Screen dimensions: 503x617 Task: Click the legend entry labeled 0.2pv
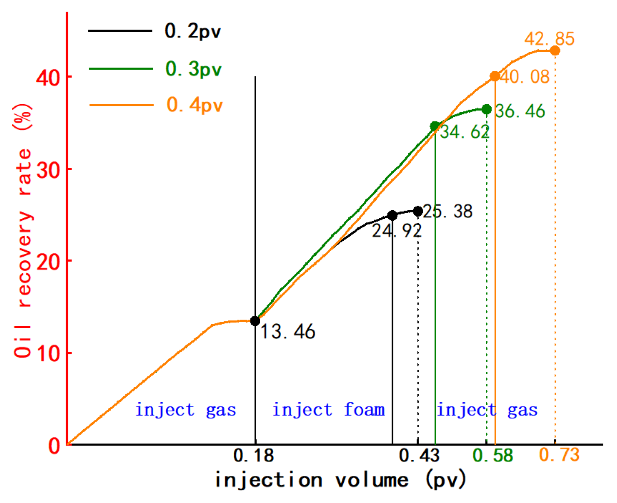tap(193, 31)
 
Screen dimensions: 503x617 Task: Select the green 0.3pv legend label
tap(193, 69)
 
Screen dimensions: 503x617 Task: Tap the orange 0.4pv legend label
tap(195, 105)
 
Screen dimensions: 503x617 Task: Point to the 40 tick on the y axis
tap(48, 77)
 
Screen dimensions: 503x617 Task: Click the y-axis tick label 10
tap(48, 353)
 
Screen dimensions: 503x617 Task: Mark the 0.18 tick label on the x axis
tap(254, 455)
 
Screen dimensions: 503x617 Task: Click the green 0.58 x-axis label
tap(493, 455)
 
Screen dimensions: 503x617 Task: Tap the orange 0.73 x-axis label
tap(559, 455)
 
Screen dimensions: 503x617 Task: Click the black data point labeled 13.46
tap(255, 321)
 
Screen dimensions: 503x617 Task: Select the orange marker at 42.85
tap(555, 51)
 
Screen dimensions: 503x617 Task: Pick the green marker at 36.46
tap(486, 109)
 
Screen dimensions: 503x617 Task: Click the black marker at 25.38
tap(418, 211)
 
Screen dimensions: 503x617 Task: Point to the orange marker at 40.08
tap(495, 76)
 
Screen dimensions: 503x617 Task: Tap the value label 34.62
tap(464, 132)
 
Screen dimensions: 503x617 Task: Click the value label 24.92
tap(397, 231)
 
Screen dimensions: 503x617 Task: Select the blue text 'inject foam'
tap(328, 410)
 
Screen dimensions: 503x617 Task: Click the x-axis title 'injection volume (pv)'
tap(340, 480)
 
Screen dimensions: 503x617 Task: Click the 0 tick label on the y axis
tap(54, 446)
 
